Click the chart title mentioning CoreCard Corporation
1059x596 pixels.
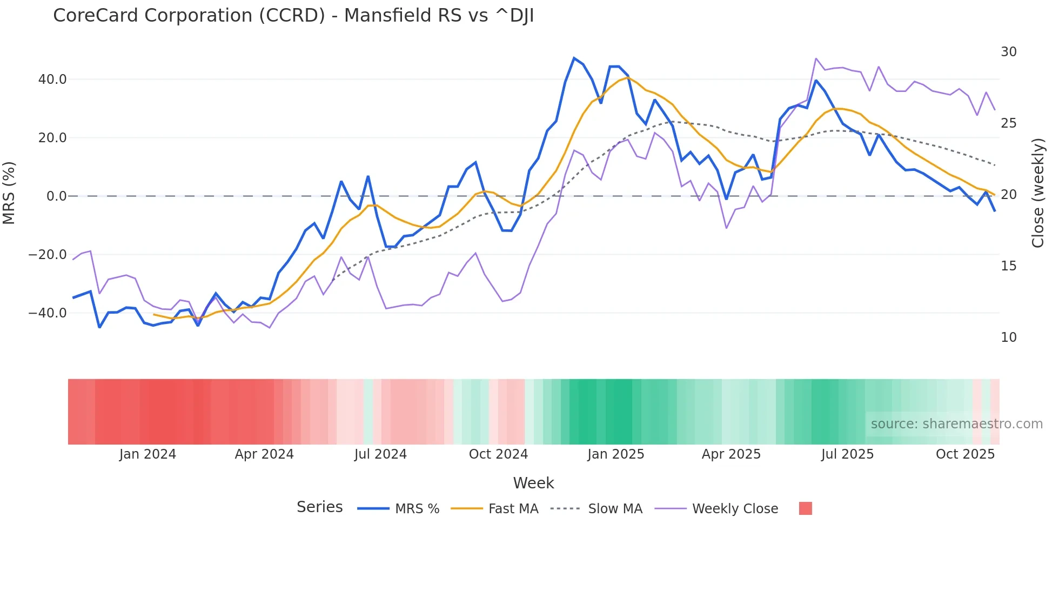[x=293, y=16]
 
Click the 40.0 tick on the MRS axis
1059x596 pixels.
[x=52, y=80]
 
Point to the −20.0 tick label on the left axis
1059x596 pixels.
[x=48, y=255]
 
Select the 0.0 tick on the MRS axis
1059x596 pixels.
[x=56, y=196]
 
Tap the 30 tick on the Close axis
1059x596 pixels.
[x=1008, y=52]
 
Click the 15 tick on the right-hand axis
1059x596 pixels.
[x=1008, y=266]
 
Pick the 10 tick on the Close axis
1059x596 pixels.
[x=1008, y=337]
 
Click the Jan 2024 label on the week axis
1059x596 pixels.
[x=148, y=454]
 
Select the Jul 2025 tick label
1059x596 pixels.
[x=847, y=454]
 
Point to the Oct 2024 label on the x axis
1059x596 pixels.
[x=498, y=454]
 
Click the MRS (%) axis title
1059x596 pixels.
[x=9, y=193]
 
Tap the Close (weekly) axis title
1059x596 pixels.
[x=1037, y=193]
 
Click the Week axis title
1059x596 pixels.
[x=533, y=483]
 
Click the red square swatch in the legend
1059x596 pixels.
[x=805, y=508]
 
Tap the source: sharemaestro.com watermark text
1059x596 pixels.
[x=956, y=424]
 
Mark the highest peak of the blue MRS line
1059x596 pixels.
[x=574, y=58]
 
